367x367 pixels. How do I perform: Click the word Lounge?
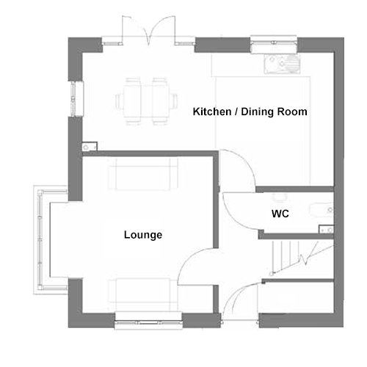pyautogui.click(x=143, y=235)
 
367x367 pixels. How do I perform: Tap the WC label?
pyautogui.click(x=280, y=214)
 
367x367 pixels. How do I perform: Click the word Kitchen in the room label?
pyautogui.click(x=212, y=112)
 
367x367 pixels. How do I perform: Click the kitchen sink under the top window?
pyautogui.click(x=282, y=64)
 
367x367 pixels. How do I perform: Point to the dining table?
pyautogui.click(x=146, y=101)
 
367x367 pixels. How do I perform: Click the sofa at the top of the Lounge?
pyautogui.click(x=143, y=174)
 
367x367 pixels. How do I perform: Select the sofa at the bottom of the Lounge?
pyautogui.click(x=143, y=295)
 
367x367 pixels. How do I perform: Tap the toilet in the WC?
pyautogui.click(x=322, y=210)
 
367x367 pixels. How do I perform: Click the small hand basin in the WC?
pyautogui.click(x=327, y=230)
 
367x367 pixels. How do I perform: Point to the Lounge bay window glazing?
pyautogui.click(x=39, y=240)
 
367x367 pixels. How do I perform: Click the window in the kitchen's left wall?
pyautogui.click(x=73, y=98)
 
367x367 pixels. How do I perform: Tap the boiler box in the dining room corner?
pyautogui.click(x=90, y=147)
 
